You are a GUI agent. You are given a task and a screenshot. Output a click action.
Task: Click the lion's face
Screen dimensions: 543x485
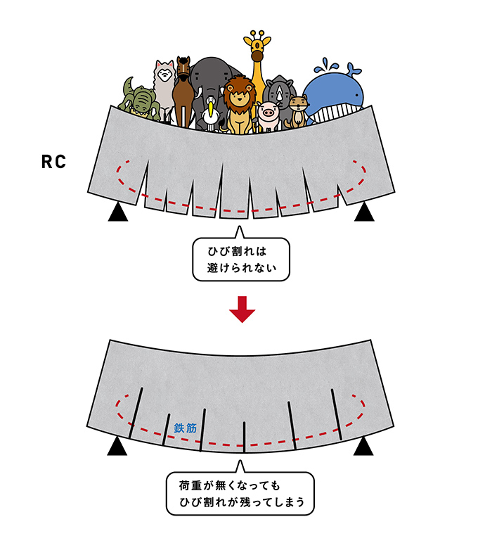(239, 96)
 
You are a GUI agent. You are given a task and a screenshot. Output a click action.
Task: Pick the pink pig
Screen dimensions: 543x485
(268, 113)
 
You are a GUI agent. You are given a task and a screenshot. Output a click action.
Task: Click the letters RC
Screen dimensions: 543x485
(53, 162)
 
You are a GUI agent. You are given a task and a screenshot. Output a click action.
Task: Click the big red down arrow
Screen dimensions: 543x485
(242, 310)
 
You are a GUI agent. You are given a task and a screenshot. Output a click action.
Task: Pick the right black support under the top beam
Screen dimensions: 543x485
(364, 212)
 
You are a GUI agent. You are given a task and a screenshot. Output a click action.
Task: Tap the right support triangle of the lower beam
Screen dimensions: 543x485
(364, 446)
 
